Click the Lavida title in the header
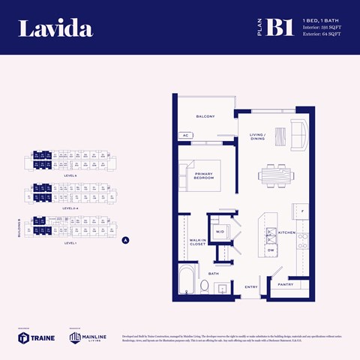coord(55,29)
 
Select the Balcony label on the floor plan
coord(205,117)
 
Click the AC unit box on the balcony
coord(184,135)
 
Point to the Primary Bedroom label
coord(203,175)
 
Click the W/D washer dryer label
coord(220,232)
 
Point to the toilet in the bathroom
coord(205,286)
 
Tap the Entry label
coord(250,286)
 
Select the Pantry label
coord(285,284)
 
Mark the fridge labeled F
coord(301,212)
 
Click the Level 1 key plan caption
coord(70,244)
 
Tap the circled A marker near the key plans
coord(126,241)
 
